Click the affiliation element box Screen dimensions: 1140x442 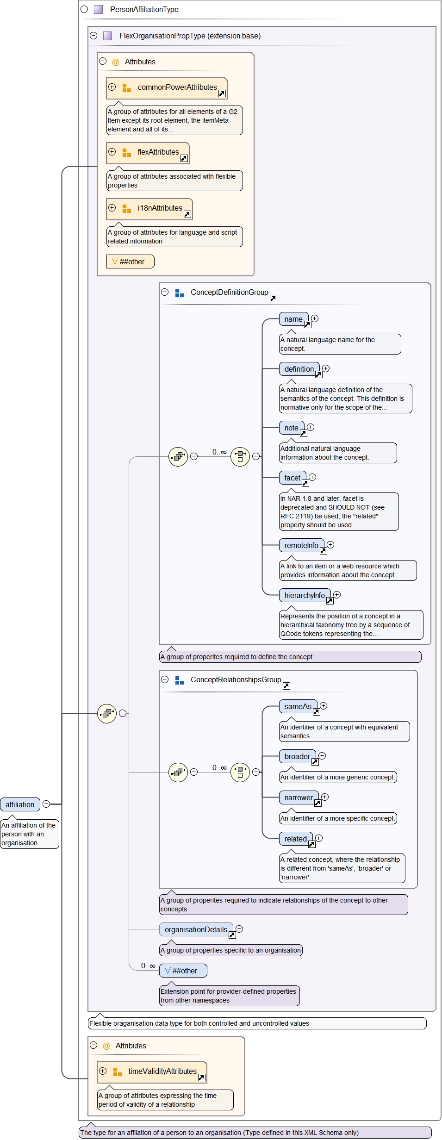(20, 804)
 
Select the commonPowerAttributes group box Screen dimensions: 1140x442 (167, 88)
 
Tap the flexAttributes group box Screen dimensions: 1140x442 (148, 153)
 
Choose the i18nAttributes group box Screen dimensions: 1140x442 (149, 209)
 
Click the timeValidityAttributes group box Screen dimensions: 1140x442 (152, 1072)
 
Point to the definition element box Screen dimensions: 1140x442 (299, 369)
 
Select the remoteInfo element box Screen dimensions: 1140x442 (301, 545)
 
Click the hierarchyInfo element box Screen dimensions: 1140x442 (305, 595)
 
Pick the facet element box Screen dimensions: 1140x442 (292, 478)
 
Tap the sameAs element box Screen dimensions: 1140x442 (298, 706)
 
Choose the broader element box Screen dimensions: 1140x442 (297, 756)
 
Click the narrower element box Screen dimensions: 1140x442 (299, 797)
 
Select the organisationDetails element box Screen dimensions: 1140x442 (196, 929)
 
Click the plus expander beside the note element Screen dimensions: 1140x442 (311, 427)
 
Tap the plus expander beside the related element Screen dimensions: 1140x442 (319, 838)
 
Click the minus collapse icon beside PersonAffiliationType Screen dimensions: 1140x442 (84, 9)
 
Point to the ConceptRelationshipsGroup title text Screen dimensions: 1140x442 (236, 679)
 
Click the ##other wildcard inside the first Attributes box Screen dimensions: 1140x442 (130, 262)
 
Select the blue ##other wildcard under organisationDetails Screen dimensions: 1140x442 (183, 971)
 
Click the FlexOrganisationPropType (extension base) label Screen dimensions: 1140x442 (190, 36)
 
